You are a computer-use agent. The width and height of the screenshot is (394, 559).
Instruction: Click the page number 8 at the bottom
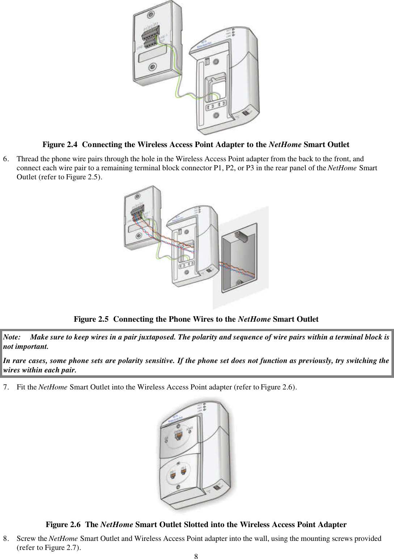coord(196,556)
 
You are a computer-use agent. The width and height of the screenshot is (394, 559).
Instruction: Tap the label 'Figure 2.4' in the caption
coord(60,145)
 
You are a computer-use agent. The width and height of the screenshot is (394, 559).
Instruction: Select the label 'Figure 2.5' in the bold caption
coord(91,319)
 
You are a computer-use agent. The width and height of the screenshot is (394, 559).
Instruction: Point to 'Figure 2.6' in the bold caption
coord(63,525)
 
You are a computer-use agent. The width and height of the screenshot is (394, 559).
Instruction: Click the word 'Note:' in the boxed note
coord(12,337)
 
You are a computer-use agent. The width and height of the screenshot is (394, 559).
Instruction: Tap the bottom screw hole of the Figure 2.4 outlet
coord(153,67)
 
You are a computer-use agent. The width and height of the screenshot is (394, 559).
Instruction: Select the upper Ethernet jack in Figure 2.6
coord(179,436)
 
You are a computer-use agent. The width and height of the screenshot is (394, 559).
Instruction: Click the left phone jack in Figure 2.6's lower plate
coord(173,473)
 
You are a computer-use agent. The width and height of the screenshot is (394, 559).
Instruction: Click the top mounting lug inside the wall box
coord(242,237)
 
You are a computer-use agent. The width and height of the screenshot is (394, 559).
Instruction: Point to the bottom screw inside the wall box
coord(239,283)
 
